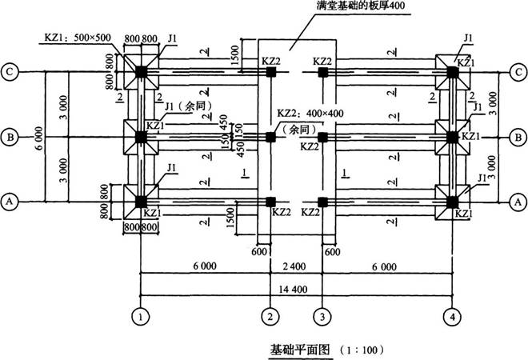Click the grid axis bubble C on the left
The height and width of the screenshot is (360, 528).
pyautogui.click(x=10, y=70)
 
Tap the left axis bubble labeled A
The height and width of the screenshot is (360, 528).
pyautogui.click(x=10, y=202)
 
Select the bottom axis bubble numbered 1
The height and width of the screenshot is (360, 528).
pyautogui.click(x=141, y=316)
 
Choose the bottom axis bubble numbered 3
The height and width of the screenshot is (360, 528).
pyautogui.click(x=322, y=316)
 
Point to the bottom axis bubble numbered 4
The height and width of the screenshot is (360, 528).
pyautogui.click(x=453, y=316)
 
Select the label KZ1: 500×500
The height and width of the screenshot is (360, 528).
pyautogui.click(x=75, y=37)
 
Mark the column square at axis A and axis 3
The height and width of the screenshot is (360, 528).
pyautogui.click(x=322, y=201)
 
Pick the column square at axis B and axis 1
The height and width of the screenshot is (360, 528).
pyautogui.click(x=141, y=136)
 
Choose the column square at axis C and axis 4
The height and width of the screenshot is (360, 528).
pyautogui.click(x=453, y=71)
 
